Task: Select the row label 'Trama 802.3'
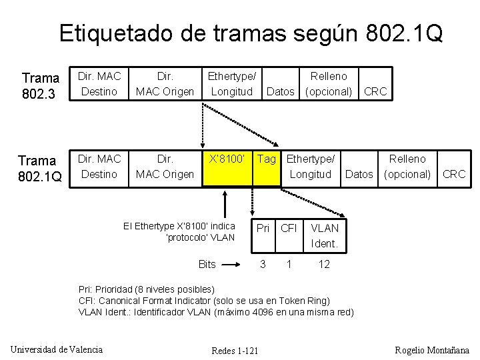pos(41,85)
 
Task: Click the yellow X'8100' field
pos(227,167)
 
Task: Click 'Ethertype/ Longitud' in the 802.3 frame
pos(231,83)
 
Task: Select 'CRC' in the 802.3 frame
pos(375,91)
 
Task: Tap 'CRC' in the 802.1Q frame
pos(454,174)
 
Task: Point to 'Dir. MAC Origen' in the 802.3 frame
pos(164,83)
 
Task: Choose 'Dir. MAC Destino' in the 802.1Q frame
pos(99,167)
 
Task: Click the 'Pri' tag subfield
pos(263,229)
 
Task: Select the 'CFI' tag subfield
pos(289,229)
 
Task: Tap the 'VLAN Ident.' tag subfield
pos(325,236)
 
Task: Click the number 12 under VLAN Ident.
pos(324,265)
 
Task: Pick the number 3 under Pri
pos(263,265)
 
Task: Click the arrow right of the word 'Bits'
pos(231,265)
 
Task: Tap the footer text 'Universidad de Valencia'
pos(57,349)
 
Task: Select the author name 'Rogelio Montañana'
pos(432,349)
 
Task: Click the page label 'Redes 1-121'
pos(235,351)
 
